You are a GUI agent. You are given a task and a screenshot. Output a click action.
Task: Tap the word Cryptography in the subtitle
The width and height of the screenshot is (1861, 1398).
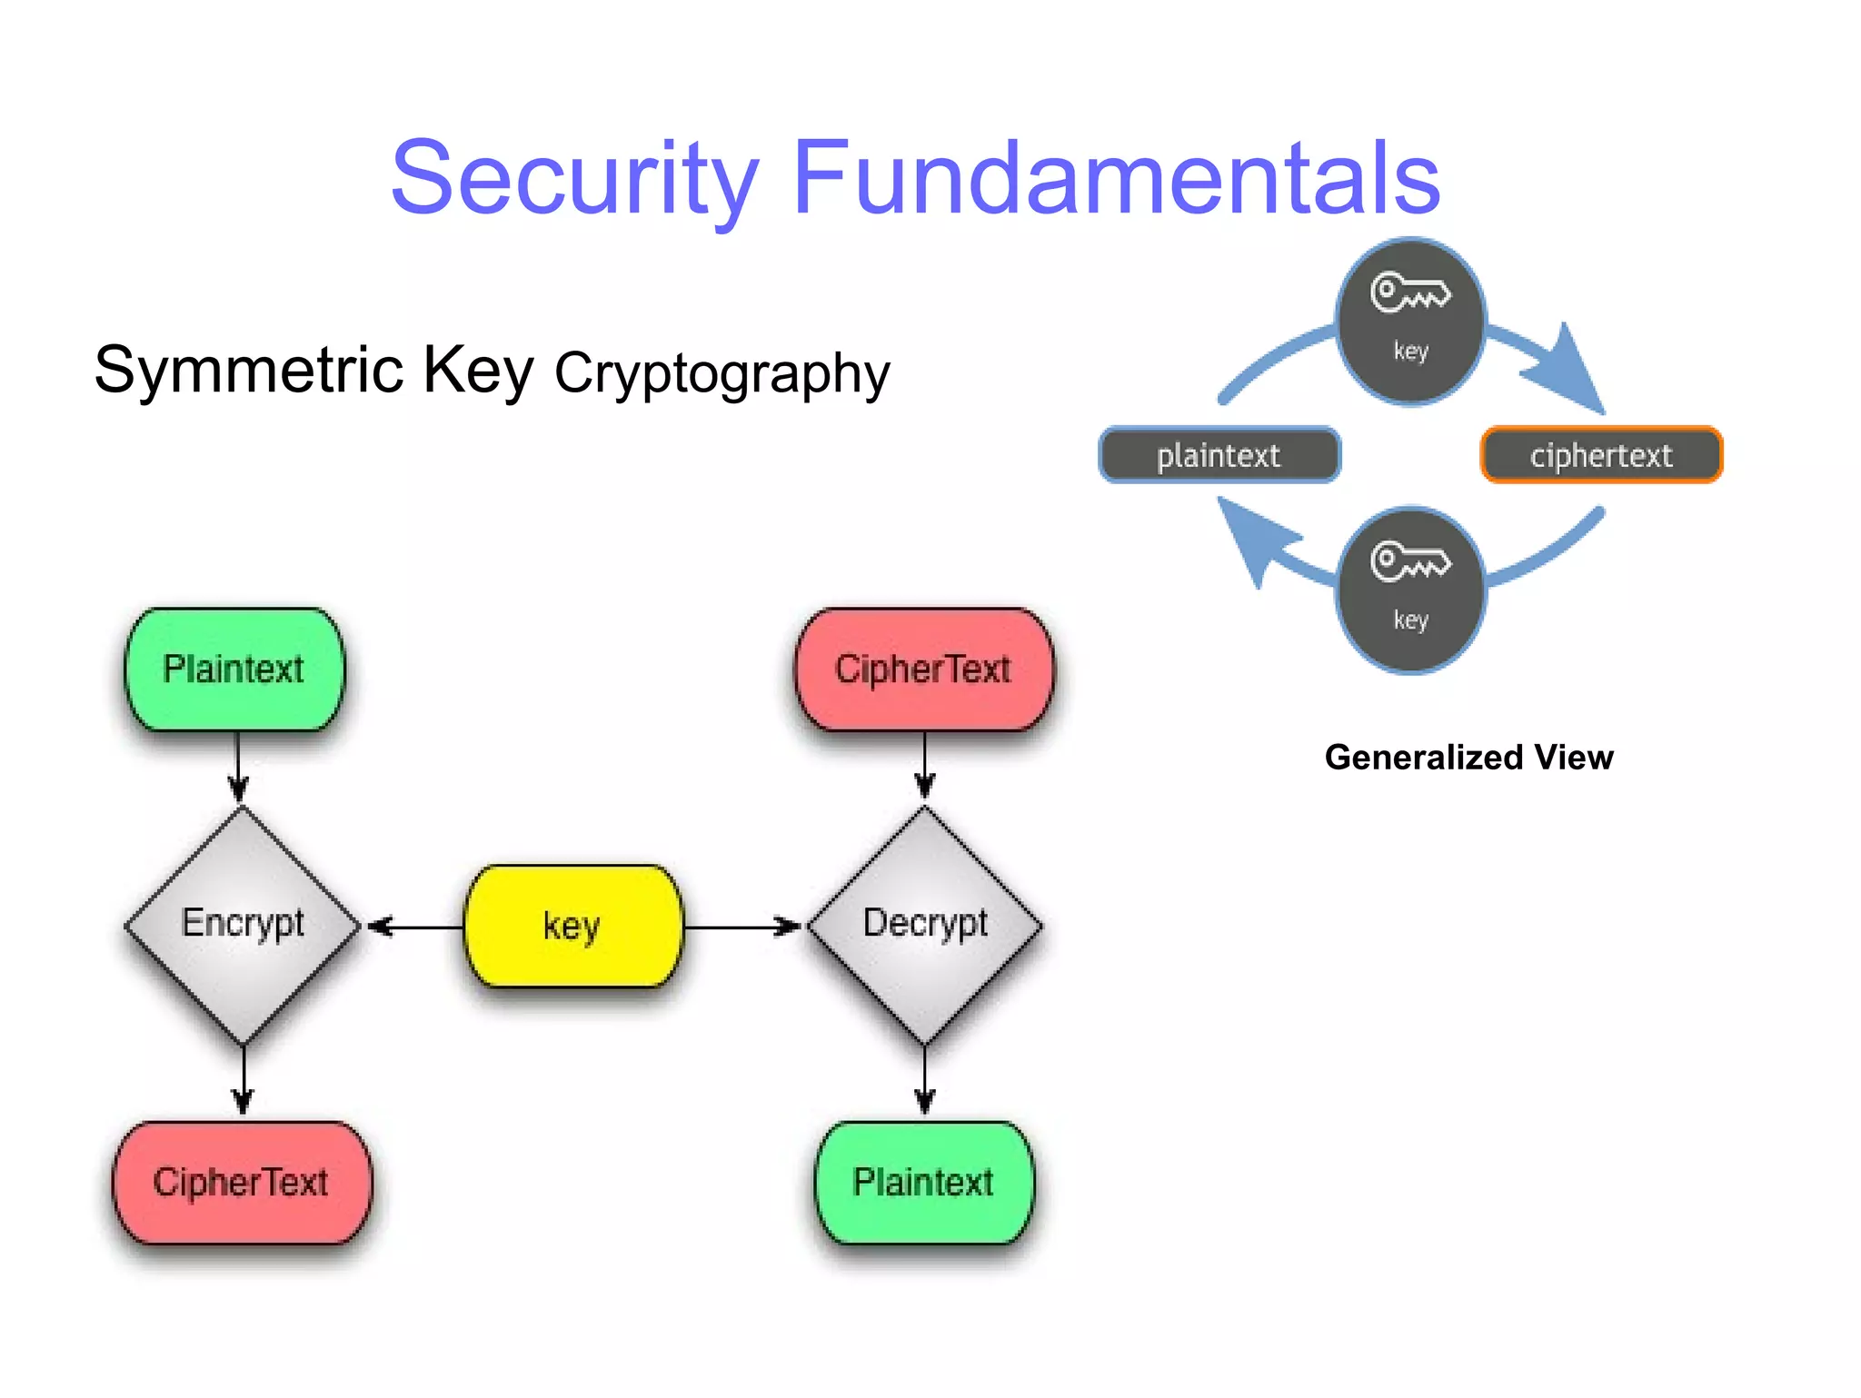click(722, 373)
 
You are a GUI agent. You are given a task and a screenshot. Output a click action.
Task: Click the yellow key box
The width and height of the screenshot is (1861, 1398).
click(572, 927)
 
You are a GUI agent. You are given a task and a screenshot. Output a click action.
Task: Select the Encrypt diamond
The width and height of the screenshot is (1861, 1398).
click(243, 925)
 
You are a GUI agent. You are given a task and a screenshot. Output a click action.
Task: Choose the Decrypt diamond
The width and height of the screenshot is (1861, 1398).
click(925, 925)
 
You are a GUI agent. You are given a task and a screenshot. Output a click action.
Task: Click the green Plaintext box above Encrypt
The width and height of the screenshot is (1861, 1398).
click(234, 669)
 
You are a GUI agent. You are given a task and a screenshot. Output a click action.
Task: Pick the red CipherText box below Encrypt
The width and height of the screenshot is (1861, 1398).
click(242, 1183)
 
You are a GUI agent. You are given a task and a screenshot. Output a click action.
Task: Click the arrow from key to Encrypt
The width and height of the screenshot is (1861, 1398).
click(413, 927)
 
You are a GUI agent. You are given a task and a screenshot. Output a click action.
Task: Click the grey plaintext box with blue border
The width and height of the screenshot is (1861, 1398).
click(1219, 455)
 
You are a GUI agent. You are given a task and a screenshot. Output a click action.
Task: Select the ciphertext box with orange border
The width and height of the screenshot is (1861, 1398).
click(1601, 455)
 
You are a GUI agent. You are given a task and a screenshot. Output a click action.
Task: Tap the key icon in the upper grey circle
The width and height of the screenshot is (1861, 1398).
click(1410, 293)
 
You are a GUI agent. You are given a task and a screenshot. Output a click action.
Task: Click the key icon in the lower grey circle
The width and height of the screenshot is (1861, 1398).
click(1410, 561)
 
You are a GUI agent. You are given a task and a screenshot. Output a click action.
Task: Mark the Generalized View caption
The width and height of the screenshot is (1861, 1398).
click(1468, 758)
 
